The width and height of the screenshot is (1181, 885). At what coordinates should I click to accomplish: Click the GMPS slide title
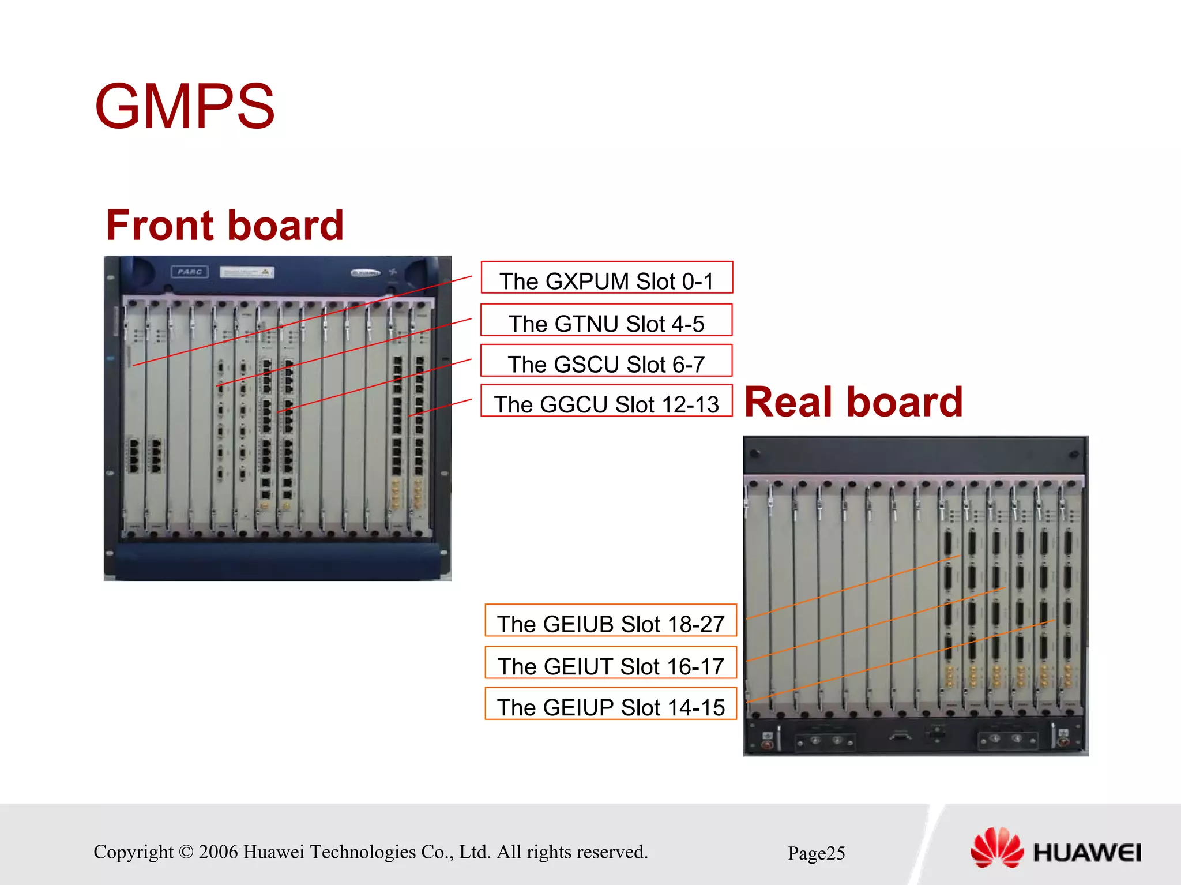(x=185, y=107)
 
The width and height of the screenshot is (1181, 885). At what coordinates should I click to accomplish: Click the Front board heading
(x=225, y=225)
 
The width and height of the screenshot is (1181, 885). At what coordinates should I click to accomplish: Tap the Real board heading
(x=853, y=402)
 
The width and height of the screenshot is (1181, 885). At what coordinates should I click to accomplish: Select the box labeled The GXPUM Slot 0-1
(x=607, y=278)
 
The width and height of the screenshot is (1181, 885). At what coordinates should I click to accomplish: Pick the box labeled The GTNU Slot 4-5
(x=607, y=321)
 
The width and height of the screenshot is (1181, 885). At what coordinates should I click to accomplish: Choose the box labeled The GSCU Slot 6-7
(x=607, y=361)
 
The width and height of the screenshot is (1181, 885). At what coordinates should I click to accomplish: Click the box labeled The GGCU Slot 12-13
(x=607, y=401)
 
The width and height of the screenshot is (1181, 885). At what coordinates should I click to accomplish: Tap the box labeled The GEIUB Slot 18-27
(x=611, y=621)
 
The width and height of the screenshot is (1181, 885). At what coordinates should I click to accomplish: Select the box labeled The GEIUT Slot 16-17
(x=611, y=663)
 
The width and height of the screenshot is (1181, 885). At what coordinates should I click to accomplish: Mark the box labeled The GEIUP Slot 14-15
(x=611, y=704)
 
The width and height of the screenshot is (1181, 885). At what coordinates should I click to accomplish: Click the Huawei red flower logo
(x=996, y=847)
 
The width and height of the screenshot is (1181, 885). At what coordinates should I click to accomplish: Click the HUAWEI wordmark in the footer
(x=1087, y=853)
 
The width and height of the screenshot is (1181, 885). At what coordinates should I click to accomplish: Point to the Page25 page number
(x=816, y=853)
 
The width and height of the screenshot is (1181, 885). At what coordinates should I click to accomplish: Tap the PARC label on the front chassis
(x=190, y=272)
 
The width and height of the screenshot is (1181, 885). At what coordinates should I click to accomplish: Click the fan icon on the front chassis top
(x=393, y=272)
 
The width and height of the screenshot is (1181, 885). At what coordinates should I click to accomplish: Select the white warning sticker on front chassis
(x=247, y=272)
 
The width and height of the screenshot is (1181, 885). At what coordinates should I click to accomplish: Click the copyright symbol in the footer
(x=186, y=852)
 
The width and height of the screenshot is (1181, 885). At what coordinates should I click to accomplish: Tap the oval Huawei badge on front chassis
(x=366, y=273)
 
